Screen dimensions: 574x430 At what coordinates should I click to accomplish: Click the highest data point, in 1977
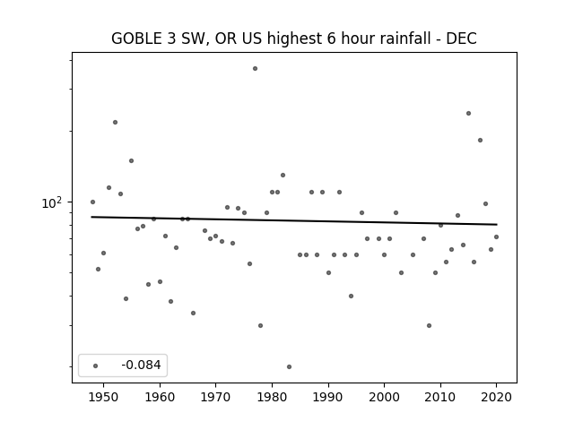255,69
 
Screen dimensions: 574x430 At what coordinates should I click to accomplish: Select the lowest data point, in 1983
289,366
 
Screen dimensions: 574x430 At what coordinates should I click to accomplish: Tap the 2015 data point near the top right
468,114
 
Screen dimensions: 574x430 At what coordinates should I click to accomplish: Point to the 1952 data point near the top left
116,123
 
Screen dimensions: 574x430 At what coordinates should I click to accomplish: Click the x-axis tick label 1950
104,397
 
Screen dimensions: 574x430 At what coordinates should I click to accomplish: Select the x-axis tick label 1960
160,397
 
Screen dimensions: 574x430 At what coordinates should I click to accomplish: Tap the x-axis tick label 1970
215,397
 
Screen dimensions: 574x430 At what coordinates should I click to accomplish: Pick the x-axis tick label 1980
272,397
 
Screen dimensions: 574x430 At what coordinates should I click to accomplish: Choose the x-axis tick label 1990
328,397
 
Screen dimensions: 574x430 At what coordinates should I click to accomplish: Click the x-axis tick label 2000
385,397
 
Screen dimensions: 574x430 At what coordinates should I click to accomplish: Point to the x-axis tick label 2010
440,397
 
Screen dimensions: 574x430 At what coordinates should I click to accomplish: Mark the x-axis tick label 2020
496,397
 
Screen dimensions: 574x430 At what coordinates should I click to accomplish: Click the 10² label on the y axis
52,203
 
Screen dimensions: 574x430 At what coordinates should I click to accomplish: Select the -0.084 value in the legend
142,365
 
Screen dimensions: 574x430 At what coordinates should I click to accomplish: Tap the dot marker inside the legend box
96,365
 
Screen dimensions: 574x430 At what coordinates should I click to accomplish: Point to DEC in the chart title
461,39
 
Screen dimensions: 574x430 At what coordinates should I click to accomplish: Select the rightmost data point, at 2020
496,236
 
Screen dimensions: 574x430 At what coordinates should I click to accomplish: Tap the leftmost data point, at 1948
92,202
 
